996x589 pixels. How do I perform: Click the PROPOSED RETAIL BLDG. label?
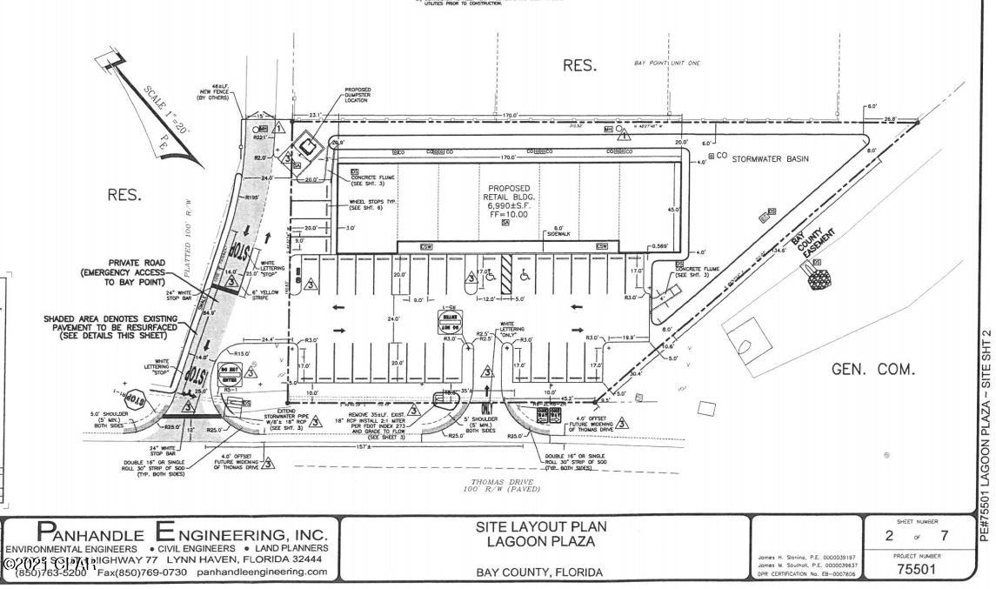(508, 192)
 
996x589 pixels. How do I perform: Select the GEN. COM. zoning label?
(873, 369)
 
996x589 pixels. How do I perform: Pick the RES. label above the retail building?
(579, 65)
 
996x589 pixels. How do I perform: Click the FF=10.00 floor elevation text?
(508, 213)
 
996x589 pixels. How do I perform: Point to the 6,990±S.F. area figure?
(508, 204)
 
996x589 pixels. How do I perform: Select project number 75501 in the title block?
(916, 569)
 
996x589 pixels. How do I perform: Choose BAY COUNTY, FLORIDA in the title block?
(539, 572)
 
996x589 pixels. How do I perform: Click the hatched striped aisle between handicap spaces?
(505, 275)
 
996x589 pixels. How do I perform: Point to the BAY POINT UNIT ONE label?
(668, 64)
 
